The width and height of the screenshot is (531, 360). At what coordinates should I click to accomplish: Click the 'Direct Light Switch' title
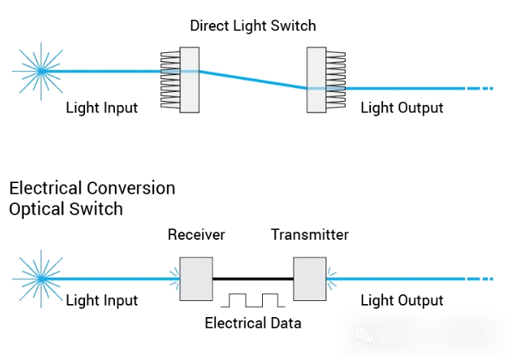(x=253, y=26)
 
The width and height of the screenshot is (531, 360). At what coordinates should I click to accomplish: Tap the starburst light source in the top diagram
(x=38, y=72)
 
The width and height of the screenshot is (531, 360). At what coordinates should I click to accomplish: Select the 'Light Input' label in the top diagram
(x=102, y=108)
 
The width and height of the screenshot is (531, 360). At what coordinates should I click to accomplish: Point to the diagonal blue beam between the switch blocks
(x=253, y=80)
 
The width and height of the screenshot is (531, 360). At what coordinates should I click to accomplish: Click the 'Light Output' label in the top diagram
(x=402, y=108)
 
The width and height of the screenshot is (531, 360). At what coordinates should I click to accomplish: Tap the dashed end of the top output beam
(x=481, y=89)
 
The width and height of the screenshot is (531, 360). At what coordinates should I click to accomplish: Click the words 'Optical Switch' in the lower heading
(x=66, y=208)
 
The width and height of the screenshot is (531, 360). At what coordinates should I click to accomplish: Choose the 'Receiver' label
(x=197, y=235)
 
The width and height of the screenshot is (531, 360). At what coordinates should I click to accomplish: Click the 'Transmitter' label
(x=310, y=235)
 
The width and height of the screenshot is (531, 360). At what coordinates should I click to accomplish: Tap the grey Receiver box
(x=196, y=278)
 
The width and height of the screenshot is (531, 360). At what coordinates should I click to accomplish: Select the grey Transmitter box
(x=310, y=278)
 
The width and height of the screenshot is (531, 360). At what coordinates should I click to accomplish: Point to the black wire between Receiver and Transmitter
(x=253, y=278)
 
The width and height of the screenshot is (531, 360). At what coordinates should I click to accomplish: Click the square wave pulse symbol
(x=254, y=299)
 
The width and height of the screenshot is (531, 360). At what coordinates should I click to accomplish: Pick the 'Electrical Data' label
(x=253, y=323)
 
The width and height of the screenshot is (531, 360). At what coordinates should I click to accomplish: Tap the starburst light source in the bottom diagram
(x=38, y=278)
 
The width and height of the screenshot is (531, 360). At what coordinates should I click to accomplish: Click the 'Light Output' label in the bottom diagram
(x=402, y=301)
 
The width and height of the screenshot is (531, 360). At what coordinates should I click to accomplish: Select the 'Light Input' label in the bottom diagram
(x=102, y=301)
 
